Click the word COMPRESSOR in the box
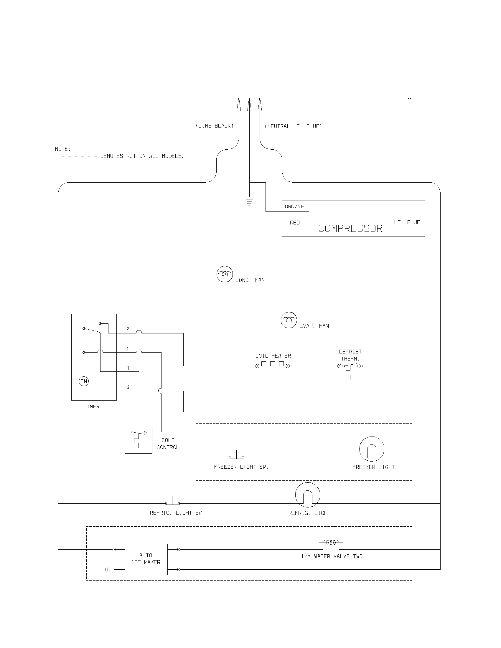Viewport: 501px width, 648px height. pyautogui.click(x=350, y=229)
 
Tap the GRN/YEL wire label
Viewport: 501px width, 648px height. pyautogui.click(x=296, y=206)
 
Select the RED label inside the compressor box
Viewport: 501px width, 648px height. pyautogui.click(x=295, y=222)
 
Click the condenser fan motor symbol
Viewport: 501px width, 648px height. pyautogui.click(x=225, y=274)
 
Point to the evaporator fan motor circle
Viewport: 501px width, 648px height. pyautogui.click(x=289, y=320)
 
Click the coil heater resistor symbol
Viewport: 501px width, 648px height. pyautogui.click(x=273, y=364)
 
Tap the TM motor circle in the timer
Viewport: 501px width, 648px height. pyautogui.click(x=84, y=381)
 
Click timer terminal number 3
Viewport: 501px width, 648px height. pyautogui.click(x=128, y=387)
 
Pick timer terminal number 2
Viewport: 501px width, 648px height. pyautogui.click(x=128, y=329)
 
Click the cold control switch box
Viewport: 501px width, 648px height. pyautogui.click(x=139, y=440)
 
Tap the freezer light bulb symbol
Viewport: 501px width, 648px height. pyautogui.click(x=372, y=449)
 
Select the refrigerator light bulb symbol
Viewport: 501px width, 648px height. pyautogui.click(x=308, y=495)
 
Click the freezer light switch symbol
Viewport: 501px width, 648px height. pyautogui.click(x=237, y=456)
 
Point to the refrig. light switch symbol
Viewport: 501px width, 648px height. pyautogui.click(x=172, y=501)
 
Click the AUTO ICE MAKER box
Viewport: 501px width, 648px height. pyautogui.click(x=146, y=559)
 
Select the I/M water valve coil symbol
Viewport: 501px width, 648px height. pyautogui.click(x=331, y=543)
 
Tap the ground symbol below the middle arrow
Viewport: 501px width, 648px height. pyautogui.click(x=249, y=201)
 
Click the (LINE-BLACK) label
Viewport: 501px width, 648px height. pyautogui.click(x=215, y=126)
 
